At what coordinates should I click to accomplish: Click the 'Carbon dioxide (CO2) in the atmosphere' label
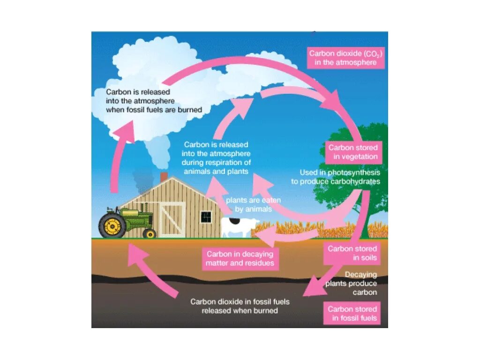point(345,58)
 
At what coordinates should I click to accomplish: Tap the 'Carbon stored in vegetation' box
point(353,152)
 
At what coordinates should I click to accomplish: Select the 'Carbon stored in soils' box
point(352,253)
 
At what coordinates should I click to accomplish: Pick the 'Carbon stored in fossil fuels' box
point(352,314)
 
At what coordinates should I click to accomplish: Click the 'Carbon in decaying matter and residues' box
point(240,258)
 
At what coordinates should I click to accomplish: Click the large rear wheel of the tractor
point(112,227)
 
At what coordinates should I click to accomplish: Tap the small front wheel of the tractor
point(150,233)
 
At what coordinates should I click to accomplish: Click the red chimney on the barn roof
point(164,177)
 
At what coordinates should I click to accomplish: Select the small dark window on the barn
point(206,217)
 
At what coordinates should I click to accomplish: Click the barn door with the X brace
point(172,219)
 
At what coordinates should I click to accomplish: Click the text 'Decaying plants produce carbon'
point(359,284)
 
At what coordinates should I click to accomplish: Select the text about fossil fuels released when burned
point(240,306)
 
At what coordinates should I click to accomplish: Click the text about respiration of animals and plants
point(216,158)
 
